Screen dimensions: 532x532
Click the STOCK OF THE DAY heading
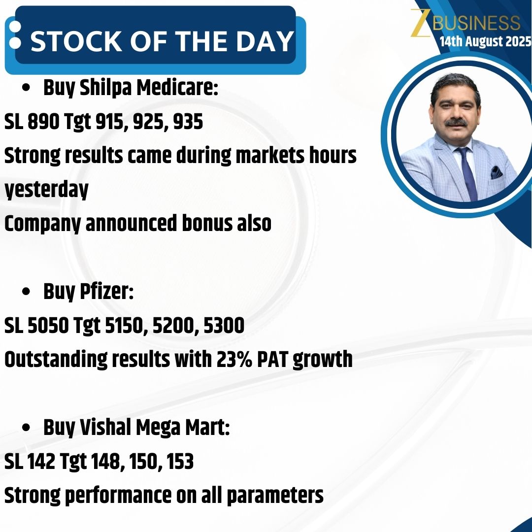162,41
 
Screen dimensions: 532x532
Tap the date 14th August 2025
485,41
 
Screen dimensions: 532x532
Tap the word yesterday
46,190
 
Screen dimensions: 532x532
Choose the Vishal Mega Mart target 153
179,462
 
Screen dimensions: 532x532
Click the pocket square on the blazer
496,172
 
